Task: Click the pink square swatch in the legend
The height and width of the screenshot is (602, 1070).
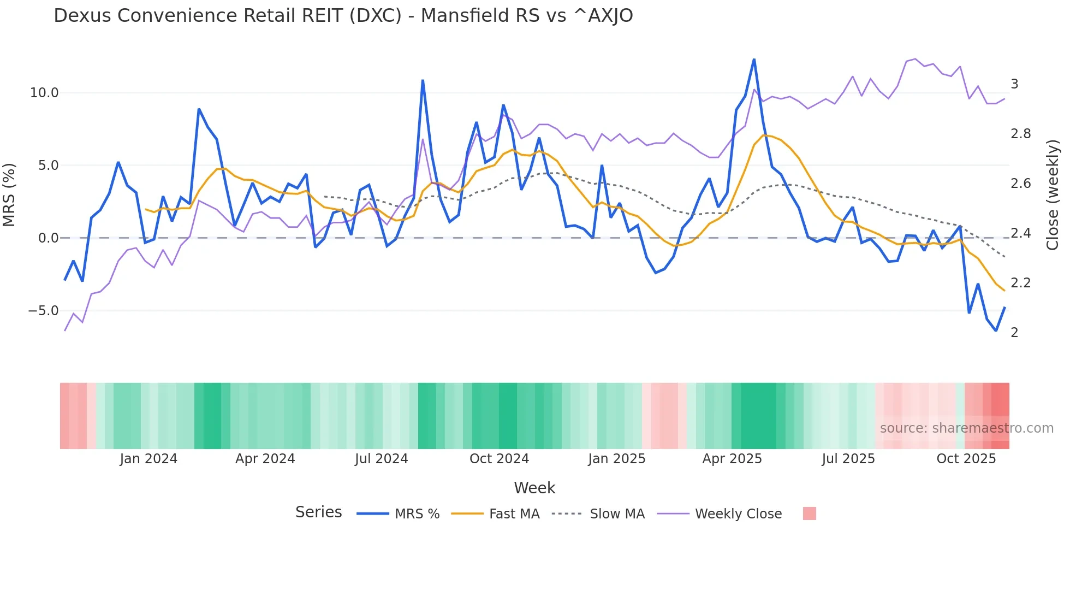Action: coord(809,514)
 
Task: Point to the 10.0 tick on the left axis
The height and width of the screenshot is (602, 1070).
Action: coord(44,93)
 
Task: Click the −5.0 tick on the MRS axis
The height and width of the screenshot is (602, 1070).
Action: coord(43,311)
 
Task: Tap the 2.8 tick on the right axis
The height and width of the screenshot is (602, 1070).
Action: coord(1020,134)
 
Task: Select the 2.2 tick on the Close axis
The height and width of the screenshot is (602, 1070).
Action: coord(1020,283)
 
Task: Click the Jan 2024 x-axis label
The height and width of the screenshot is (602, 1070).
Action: coord(148,459)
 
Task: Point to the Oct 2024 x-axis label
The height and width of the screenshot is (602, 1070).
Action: coord(499,459)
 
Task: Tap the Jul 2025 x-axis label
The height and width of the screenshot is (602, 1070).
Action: coord(848,459)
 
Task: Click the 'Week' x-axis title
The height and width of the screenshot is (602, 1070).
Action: coord(534,488)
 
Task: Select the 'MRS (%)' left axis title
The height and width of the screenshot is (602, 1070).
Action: coord(9,194)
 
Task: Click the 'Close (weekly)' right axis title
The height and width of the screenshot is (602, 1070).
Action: coord(1053,194)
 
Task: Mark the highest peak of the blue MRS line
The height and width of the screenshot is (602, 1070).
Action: coord(754,59)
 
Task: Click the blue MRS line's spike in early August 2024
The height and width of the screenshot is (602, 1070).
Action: coord(423,81)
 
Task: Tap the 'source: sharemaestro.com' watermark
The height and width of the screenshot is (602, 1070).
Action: coord(966,428)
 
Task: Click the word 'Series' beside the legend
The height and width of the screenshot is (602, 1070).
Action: coord(318,512)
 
